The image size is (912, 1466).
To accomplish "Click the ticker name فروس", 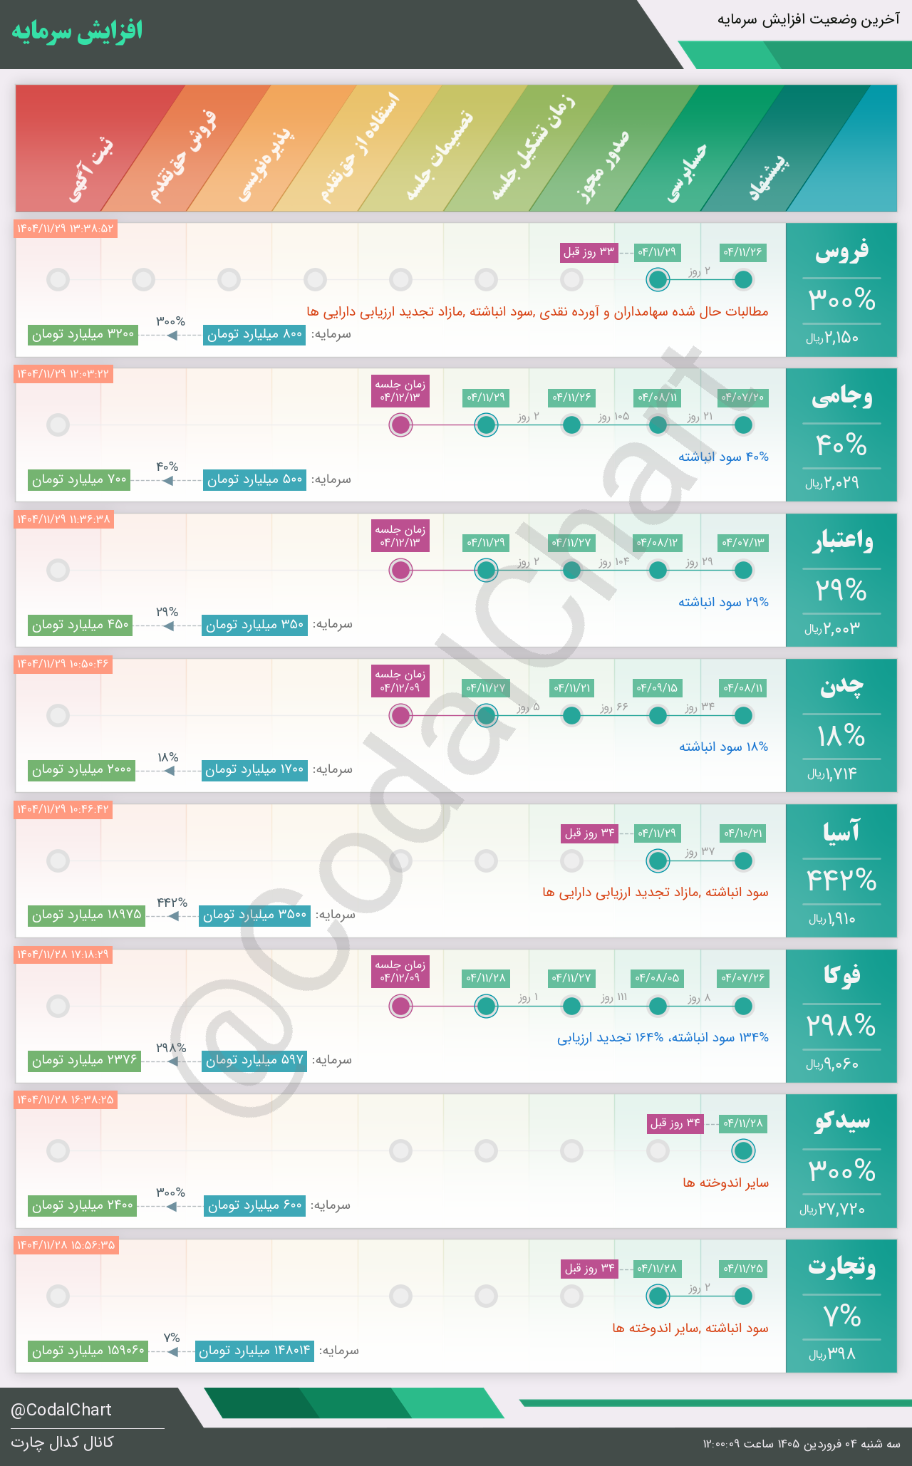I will click(x=841, y=251).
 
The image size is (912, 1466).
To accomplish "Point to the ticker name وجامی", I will click(x=841, y=397).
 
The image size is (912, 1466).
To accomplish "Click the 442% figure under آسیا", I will click(x=841, y=880).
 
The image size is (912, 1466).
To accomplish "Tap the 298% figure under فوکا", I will click(x=841, y=1026).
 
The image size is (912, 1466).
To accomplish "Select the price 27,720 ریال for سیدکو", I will click(x=832, y=1210).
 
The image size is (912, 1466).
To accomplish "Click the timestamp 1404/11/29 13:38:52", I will click(x=65, y=229).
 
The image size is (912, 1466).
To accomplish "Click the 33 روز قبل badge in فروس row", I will click(x=589, y=252).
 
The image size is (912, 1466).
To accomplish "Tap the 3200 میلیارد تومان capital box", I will click(x=83, y=334).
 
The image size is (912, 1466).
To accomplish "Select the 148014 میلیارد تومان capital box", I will click(x=254, y=1351).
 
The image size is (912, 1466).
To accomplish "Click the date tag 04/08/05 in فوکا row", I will click(x=657, y=978).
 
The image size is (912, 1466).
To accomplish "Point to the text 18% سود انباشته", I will click(x=723, y=747).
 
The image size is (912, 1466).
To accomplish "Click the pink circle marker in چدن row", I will click(x=401, y=715).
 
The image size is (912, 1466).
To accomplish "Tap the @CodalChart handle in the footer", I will click(x=61, y=1410).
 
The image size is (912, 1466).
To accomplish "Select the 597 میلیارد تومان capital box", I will click(x=254, y=1060).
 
